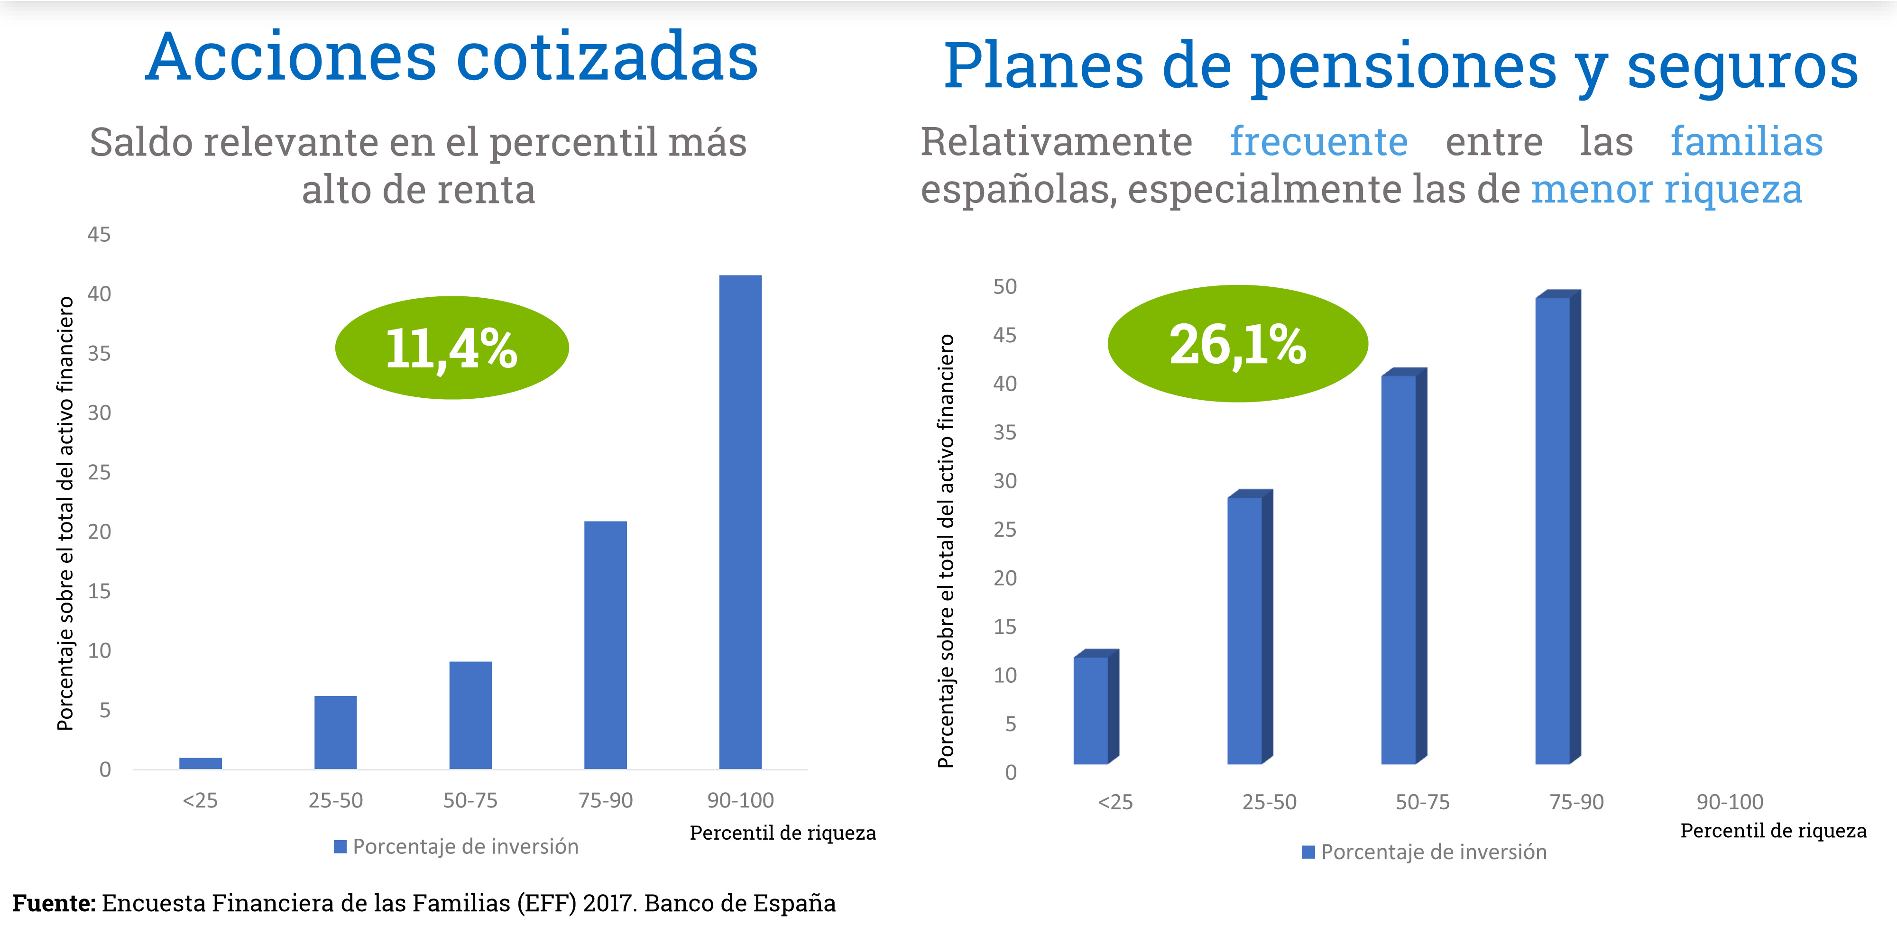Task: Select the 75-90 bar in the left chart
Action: coord(605,644)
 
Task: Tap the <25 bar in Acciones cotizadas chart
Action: coord(200,763)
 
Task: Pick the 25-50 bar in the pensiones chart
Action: coord(1245,630)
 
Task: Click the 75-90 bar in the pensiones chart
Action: coord(1553,530)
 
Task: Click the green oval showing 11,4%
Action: coord(451,348)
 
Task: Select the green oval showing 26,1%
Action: coord(1237,344)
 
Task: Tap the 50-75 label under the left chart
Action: coord(470,800)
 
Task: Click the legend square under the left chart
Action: coord(340,847)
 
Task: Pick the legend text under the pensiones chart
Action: coord(1433,852)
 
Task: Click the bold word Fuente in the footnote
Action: coord(53,903)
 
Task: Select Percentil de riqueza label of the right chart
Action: coord(1773,831)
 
